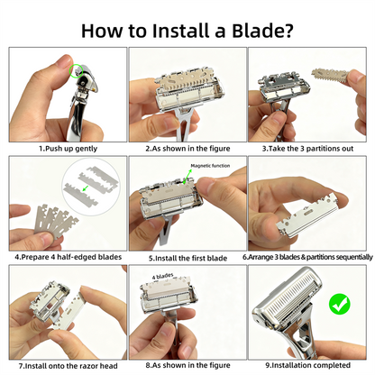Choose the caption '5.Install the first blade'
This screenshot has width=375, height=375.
click(x=187, y=257)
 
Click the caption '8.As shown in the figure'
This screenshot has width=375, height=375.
click(x=187, y=366)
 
